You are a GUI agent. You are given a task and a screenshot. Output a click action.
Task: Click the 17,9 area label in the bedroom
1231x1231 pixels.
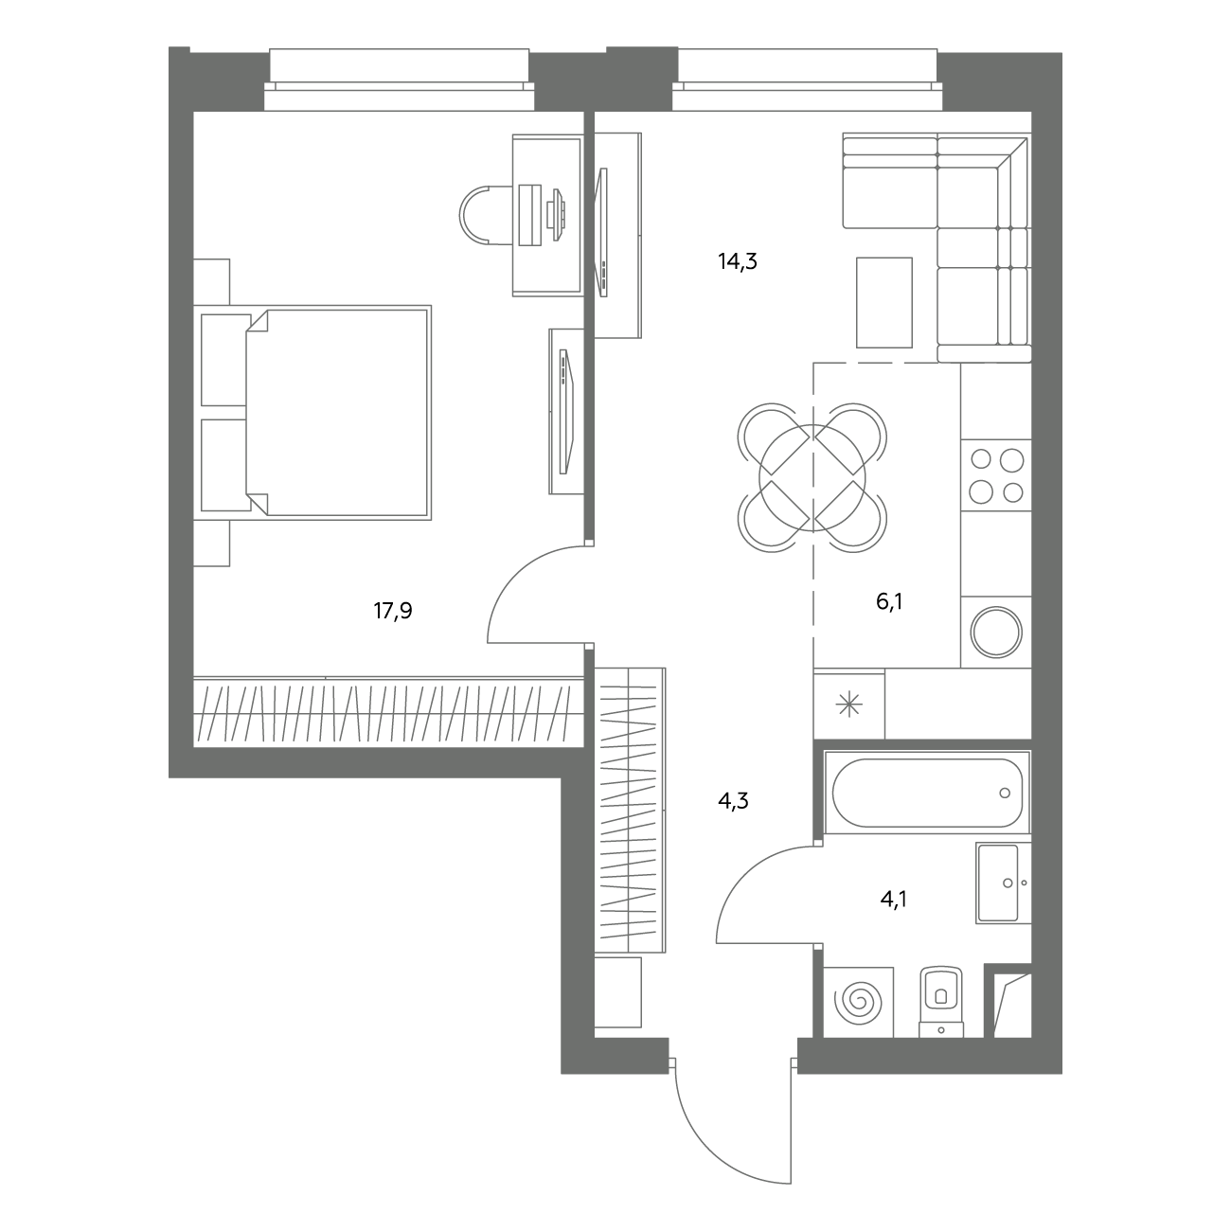click(393, 612)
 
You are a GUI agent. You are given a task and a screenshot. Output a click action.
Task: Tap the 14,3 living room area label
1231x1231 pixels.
click(738, 261)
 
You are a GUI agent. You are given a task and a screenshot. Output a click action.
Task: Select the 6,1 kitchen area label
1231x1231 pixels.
click(889, 601)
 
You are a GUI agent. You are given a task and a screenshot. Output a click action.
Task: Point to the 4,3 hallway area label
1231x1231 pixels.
click(733, 800)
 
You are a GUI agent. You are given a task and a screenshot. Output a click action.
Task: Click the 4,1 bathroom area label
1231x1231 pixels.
click(894, 900)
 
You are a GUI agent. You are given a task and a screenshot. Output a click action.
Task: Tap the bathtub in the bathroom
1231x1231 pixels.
click(927, 793)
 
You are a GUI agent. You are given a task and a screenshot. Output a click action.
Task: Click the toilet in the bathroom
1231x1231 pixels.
click(941, 1002)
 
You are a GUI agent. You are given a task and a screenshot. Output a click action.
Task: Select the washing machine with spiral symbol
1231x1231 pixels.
click(858, 1002)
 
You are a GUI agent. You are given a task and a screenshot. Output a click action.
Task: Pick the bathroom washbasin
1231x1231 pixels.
click(1003, 883)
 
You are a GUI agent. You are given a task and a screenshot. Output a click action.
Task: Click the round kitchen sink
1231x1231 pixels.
click(996, 633)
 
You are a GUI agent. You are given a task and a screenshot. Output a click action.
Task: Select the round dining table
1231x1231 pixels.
click(812, 478)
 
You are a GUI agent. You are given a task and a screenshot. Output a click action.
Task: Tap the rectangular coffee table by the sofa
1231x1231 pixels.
click(884, 303)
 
